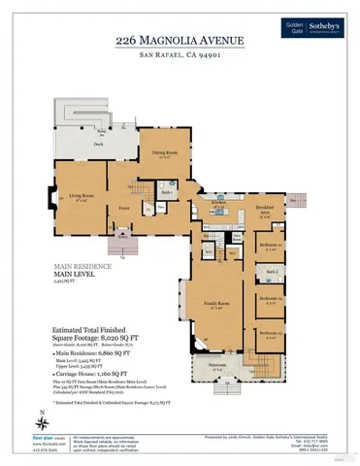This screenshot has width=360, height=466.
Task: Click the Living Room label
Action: coord(80,197)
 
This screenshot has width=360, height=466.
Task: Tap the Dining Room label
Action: coord(164,153)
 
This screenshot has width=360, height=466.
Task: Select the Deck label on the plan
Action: coord(98,144)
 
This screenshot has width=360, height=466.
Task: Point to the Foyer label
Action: coord(125,208)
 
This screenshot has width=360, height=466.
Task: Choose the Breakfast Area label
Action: coord(265,208)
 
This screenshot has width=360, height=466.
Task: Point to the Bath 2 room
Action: coord(273,271)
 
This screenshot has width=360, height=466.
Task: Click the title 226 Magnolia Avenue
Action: coord(180,40)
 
